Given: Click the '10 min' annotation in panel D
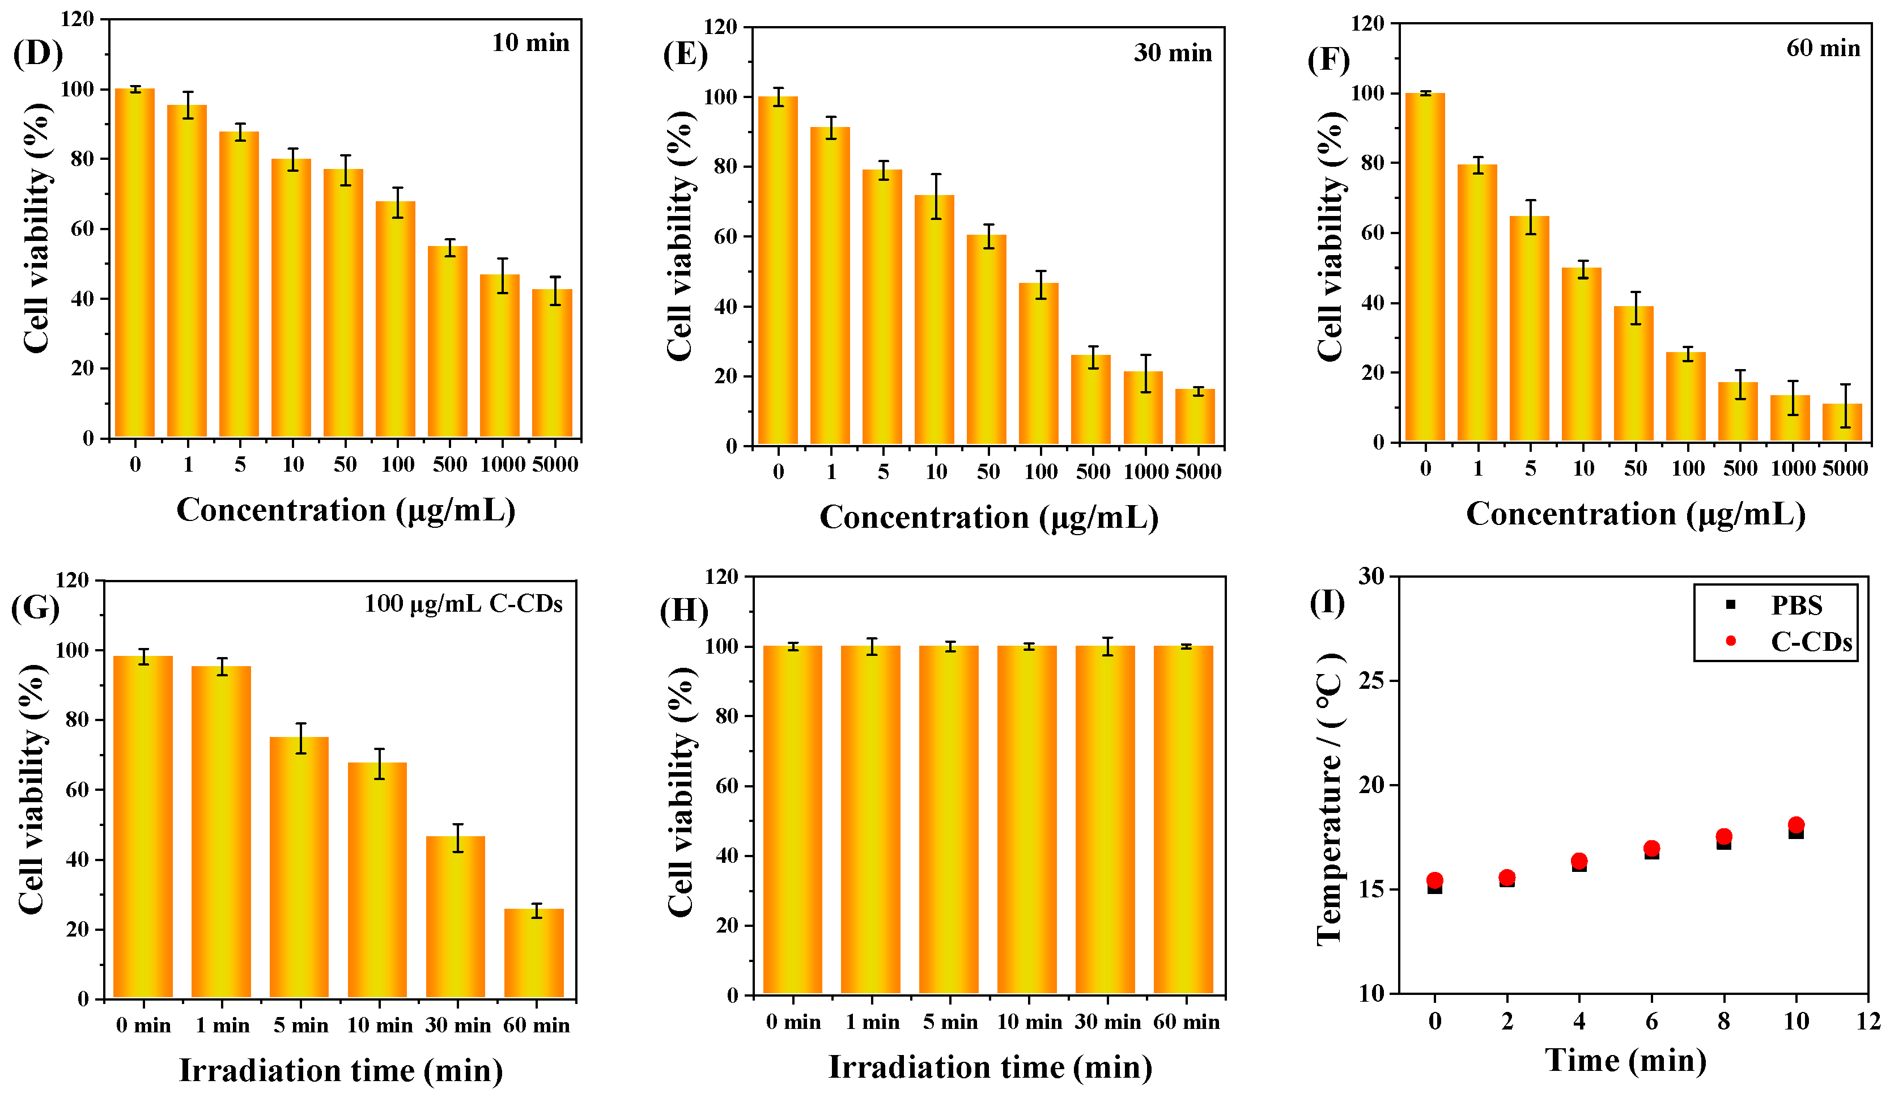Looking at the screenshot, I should (530, 43).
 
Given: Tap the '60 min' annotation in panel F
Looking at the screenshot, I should (1823, 48).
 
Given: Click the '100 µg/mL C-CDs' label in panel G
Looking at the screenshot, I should (463, 604).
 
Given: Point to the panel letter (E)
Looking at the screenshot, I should (685, 55).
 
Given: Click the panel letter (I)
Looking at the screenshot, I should (1327, 603).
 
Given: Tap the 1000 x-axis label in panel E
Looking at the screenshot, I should (1145, 472).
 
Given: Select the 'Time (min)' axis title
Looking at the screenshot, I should (1625, 1061).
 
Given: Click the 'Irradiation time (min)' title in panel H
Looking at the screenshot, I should (989, 1067).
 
